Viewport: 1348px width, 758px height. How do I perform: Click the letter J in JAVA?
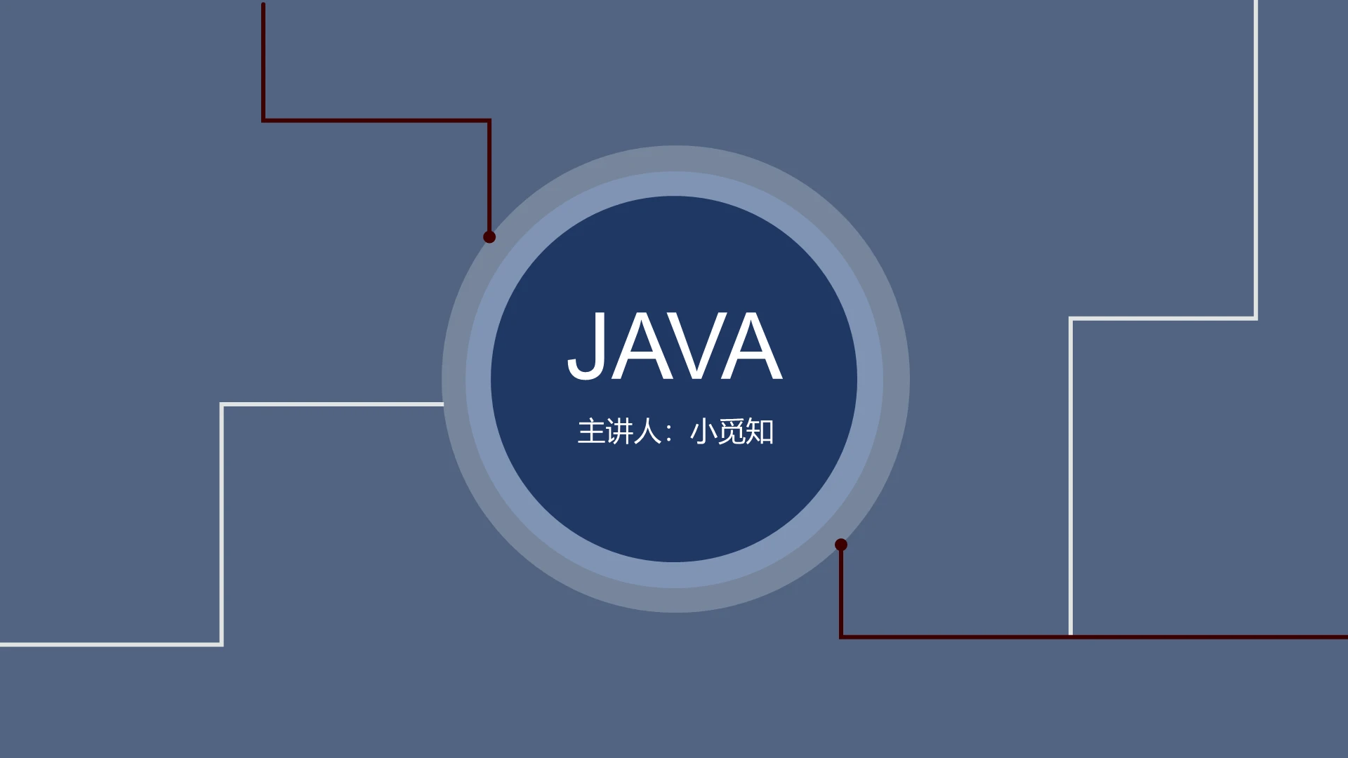(586, 346)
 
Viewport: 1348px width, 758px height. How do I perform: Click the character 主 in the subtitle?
(591, 432)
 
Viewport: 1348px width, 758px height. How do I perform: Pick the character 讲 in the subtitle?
(619, 432)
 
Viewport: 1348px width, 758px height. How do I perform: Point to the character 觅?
(732, 432)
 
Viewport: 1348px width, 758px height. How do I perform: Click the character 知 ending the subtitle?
(760, 432)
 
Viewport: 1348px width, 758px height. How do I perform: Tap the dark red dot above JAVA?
(489, 237)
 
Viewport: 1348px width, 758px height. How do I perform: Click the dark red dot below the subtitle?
(841, 545)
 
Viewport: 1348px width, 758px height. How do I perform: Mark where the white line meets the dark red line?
(1071, 637)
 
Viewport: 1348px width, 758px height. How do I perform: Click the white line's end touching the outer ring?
(443, 404)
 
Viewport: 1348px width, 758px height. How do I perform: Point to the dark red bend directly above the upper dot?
(489, 121)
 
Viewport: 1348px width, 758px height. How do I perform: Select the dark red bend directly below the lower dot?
(841, 637)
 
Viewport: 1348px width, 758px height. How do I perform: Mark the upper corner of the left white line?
(222, 404)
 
